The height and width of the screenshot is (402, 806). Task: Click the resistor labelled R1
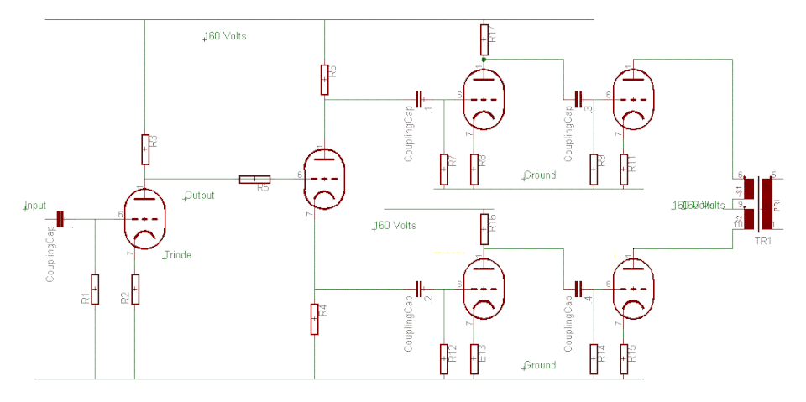point(95,290)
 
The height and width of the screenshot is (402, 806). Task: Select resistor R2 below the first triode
point(134,290)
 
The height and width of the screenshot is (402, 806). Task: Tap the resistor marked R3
point(144,149)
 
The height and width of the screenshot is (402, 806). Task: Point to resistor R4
point(315,319)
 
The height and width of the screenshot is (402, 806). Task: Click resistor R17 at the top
point(484,36)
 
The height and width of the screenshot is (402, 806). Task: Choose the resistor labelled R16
point(484,225)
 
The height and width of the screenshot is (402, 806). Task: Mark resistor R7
point(443,169)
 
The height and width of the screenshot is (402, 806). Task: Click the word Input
point(36,206)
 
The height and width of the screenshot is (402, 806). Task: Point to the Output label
point(200,196)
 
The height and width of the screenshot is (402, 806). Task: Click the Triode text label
point(178,255)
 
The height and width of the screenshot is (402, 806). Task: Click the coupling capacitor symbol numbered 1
point(419,98)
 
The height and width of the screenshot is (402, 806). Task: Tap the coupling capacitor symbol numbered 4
point(578,288)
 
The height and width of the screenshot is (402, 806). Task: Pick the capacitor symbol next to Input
point(60,219)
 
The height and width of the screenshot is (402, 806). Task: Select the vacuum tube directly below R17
point(483,98)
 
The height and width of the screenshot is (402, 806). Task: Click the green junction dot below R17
point(484,59)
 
